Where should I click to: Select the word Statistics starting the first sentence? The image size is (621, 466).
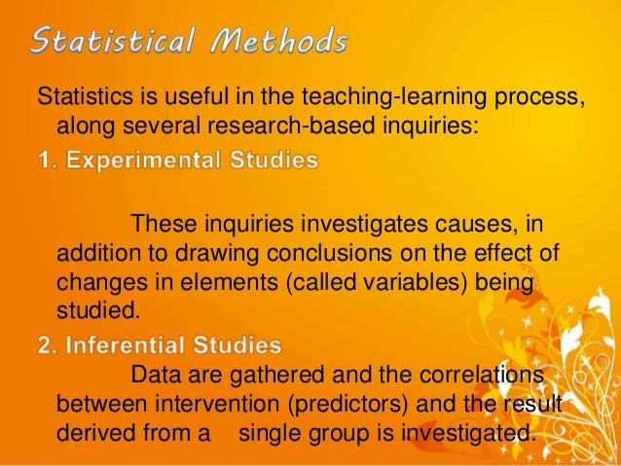[81, 99]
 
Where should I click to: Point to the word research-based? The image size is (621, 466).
[322, 127]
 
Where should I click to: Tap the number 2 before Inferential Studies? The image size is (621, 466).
[44, 344]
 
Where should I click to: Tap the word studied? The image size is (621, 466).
[99, 311]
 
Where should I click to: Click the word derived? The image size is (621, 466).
[102, 431]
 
